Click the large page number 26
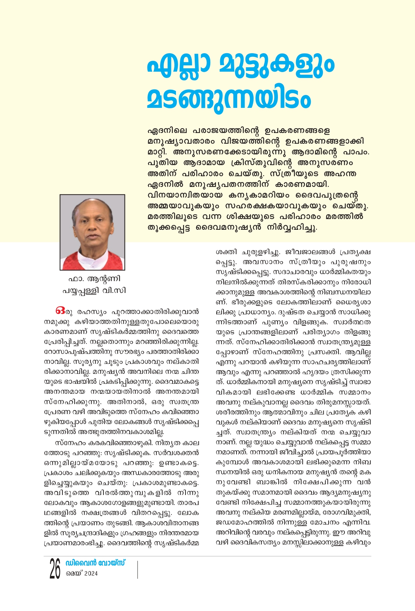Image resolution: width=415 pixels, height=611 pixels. click(x=55, y=569)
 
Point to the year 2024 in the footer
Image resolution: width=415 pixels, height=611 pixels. click(x=91, y=574)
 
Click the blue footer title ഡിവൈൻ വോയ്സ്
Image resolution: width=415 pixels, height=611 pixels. click(x=95, y=563)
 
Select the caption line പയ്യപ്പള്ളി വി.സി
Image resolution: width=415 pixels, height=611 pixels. click(x=94, y=291)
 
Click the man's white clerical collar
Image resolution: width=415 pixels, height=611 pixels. click(x=93, y=263)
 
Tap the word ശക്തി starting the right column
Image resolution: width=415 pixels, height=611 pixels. click(x=226, y=252)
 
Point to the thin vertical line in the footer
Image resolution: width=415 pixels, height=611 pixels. click(x=137, y=569)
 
